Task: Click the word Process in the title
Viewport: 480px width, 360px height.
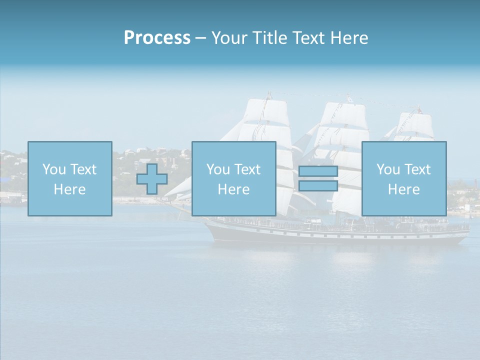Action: (x=157, y=38)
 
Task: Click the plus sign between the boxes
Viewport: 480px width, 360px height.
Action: (x=152, y=179)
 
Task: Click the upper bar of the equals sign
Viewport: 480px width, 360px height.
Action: (x=318, y=171)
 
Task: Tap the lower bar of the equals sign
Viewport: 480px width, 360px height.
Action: (x=318, y=186)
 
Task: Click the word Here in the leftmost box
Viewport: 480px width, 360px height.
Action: (x=69, y=189)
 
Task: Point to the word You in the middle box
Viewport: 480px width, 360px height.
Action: (x=218, y=169)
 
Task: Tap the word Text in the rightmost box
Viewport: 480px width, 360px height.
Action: (x=417, y=169)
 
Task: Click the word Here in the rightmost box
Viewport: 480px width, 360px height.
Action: (x=404, y=189)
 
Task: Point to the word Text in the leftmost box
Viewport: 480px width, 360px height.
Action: (x=83, y=169)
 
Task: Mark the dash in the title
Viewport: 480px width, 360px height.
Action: (x=201, y=38)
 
